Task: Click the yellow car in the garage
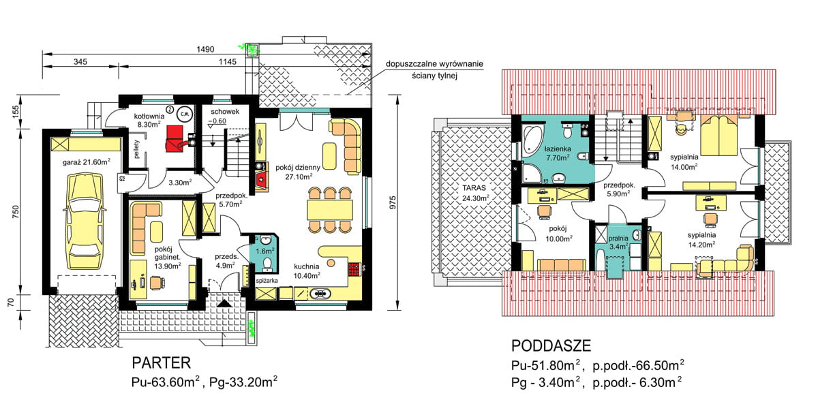(84, 221)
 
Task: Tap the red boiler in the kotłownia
(175, 139)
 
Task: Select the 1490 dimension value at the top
(205, 49)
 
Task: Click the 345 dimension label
(80, 62)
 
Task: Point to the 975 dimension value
(393, 202)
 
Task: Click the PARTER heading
(162, 363)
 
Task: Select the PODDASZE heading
(551, 345)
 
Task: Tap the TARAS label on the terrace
(474, 188)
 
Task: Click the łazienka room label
(558, 149)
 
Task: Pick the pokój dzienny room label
(298, 168)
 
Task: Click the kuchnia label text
(307, 266)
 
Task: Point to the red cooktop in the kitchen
(354, 269)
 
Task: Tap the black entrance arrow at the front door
(224, 303)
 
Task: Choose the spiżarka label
(267, 281)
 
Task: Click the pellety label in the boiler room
(137, 149)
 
